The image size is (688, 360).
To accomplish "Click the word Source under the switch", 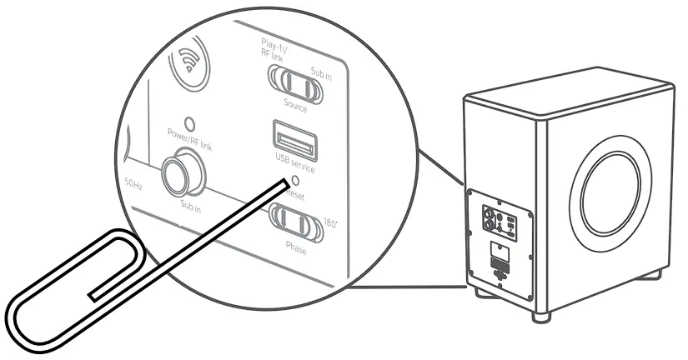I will pyautogui.click(x=295, y=107).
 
